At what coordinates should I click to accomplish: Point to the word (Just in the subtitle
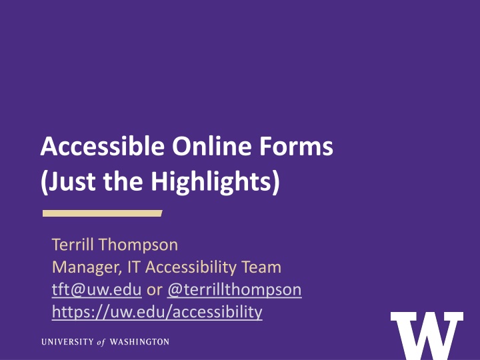pyautogui.click(x=65, y=182)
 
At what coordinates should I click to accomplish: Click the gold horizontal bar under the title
pyautogui.click(x=103, y=213)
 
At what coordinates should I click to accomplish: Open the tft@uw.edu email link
pyautogui.click(x=96, y=290)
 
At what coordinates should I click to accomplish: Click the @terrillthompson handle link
pyautogui.click(x=234, y=290)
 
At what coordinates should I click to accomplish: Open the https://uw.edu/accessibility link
pyautogui.click(x=157, y=311)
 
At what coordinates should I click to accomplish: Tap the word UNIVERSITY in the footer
pyautogui.click(x=69, y=342)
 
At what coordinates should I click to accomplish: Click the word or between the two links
pyautogui.click(x=153, y=290)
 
